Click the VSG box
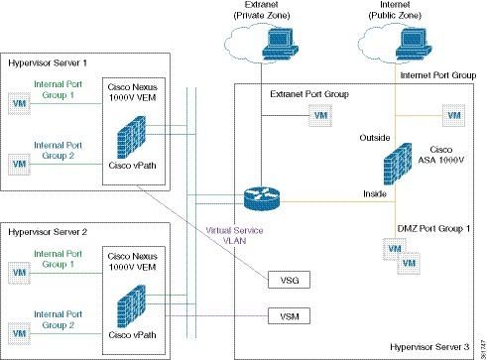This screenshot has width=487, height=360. (289, 281)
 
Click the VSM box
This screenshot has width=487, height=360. (289, 317)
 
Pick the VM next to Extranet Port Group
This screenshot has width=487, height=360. (319, 115)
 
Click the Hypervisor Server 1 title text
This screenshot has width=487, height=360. (44, 61)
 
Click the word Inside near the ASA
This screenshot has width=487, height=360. (374, 196)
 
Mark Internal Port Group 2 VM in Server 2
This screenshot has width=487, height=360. (17, 326)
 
